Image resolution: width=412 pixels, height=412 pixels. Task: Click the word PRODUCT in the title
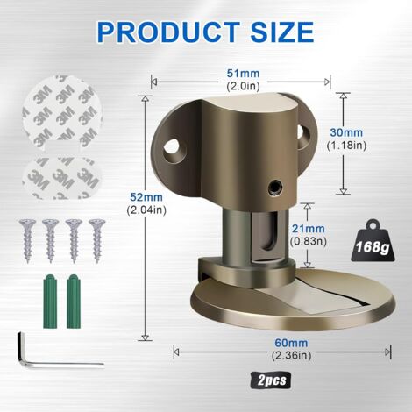(x=168, y=32)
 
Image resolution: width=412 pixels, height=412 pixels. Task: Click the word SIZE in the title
(x=282, y=32)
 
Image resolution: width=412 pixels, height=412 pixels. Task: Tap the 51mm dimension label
(x=243, y=74)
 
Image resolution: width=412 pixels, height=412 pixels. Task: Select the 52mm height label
(x=146, y=197)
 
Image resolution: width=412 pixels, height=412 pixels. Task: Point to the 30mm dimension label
(x=346, y=132)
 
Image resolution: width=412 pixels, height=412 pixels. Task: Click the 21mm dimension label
(x=309, y=229)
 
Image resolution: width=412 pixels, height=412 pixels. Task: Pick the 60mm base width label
(x=291, y=343)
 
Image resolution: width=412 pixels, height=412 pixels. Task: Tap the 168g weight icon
(x=373, y=241)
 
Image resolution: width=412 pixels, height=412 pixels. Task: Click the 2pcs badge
(x=272, y=380)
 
